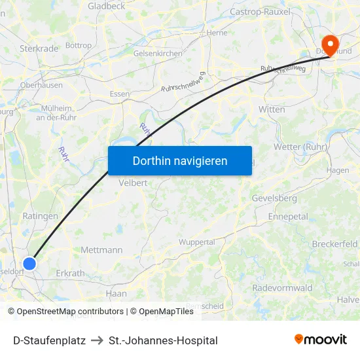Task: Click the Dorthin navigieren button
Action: [x=180, y=160]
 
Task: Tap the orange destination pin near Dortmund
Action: [x=331, y=45]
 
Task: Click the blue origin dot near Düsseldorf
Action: [x=29, y=264]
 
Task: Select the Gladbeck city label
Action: [x=107, y=5]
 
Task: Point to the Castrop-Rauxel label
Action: [x=260, y=12]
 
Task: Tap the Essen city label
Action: [x=120, y=94]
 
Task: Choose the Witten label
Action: [x=272, y=109]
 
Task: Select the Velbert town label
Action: [x=133, y=183]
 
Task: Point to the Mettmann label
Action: [x=101, y=250]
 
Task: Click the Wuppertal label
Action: [x=196, y=242]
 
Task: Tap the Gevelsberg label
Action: [x=274, y=198]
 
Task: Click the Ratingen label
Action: [x=40, y=215]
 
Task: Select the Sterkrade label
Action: [x=39, y=48]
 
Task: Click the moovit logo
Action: [x=320, y=340]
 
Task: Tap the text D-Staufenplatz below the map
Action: [x=49, y=340]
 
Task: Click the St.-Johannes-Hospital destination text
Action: [x=163, y=340]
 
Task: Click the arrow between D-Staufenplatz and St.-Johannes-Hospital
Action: [x=97, y=340]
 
